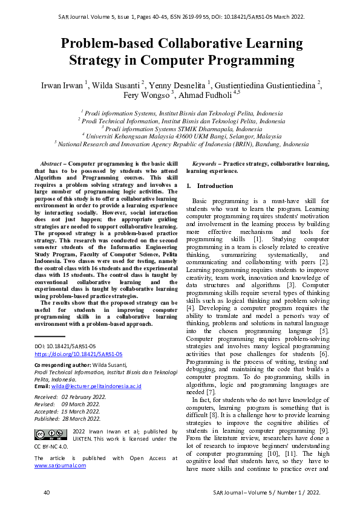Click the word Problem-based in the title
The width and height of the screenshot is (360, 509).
click(106, 42)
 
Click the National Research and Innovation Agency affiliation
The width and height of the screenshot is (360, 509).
click(182, 144)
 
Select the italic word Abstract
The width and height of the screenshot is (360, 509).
click(51, 164)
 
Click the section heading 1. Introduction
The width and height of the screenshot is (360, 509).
click(206, 186)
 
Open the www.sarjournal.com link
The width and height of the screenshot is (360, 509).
click(60, 465)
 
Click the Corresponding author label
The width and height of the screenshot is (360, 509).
click(62, 365)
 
